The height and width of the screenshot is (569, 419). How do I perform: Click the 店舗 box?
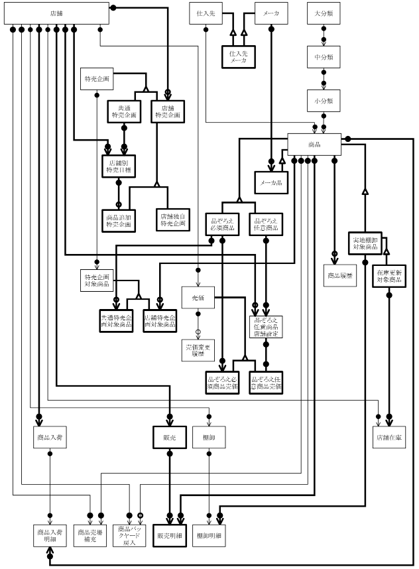[x=56, y=14]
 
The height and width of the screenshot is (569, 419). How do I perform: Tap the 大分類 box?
[x=324, y=14]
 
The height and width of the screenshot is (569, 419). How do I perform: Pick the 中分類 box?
[x=324, y=57]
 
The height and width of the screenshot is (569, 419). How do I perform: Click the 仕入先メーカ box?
[x=239, y=56]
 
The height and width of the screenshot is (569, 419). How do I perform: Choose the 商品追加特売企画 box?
[x=119, y=220]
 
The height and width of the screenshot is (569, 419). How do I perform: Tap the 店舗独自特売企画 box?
[x=171, y=220]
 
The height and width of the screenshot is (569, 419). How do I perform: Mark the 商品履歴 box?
[x=340, y=274]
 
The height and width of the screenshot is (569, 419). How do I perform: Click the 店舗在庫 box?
[x=389, y=436]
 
